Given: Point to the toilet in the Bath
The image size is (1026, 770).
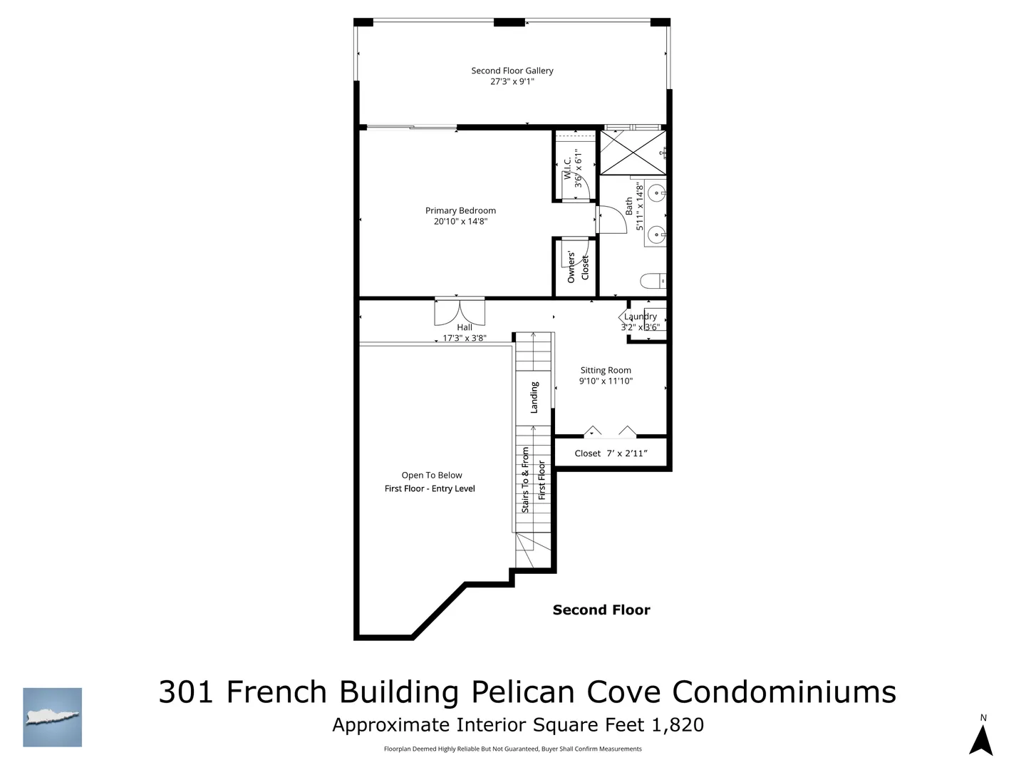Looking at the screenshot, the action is pos(653,280).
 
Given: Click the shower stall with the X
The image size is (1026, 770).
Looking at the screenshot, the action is pos(633,153).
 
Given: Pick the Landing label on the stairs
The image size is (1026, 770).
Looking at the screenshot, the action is pos(534,397).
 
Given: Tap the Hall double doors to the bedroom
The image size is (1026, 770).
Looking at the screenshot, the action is pos(460,312).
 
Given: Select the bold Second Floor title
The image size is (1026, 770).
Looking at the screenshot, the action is pos(601,610).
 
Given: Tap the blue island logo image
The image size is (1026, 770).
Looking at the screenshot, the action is pos(52,717).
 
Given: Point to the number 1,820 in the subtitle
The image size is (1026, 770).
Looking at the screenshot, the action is pos(678,725).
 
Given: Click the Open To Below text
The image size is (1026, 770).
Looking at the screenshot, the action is pos(432,475).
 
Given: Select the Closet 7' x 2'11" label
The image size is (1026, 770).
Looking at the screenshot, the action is pos(611,453).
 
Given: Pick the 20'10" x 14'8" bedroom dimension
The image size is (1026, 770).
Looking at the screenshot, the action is pos(460,221).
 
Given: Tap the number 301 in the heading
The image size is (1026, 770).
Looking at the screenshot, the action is pos(186,692).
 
